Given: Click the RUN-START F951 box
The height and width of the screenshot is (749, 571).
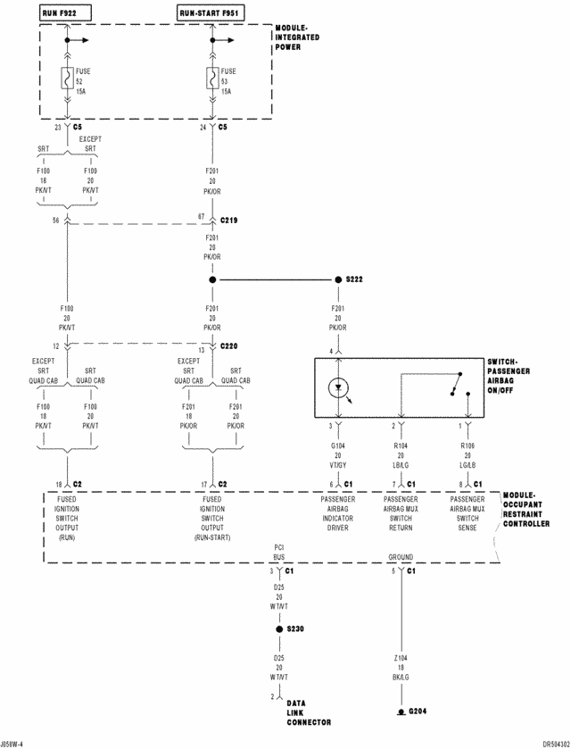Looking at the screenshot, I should pos(211,13).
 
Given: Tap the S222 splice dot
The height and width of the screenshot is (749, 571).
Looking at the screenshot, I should pos(338,279).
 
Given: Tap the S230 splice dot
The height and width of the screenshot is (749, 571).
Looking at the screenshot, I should pos(279,628).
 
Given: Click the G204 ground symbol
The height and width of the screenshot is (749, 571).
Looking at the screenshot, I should pos(401,712).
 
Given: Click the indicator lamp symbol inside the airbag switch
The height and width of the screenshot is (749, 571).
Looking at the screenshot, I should pos(338,388).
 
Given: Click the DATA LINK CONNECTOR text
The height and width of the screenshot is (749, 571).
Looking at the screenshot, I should pos(309,712).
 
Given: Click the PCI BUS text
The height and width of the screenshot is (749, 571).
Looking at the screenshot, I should pos(279,551).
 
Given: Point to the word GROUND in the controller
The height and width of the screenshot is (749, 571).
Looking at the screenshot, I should pos(401,556).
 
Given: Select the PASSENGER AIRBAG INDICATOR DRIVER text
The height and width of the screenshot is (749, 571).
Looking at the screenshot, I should pos(338,513).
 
